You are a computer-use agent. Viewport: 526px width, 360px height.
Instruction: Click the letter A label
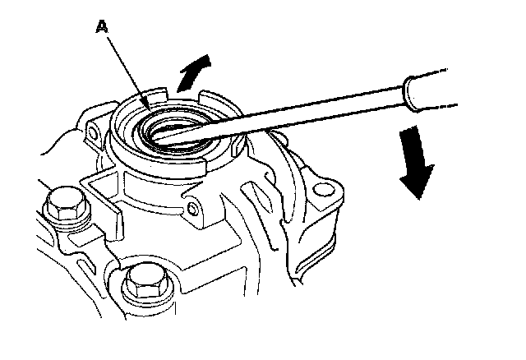102,27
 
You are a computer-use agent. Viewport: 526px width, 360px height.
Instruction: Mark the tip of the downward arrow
420,198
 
